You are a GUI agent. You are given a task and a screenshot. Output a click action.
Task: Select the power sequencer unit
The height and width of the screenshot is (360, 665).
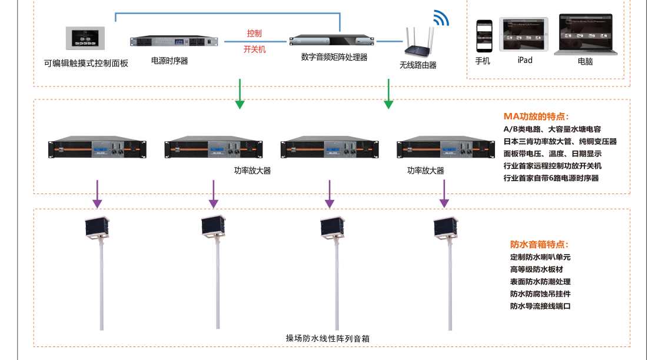click(x=174, y=41)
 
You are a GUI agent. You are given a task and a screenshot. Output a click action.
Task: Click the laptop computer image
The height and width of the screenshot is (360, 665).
click(x=586, y=35)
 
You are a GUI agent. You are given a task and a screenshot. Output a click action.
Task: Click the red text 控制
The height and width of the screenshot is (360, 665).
click(x=254, y=33)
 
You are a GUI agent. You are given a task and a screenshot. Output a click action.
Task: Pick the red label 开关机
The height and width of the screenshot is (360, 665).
click(x=254, y=49)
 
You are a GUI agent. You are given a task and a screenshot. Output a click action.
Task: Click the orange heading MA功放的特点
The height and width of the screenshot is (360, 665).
click(x=536, y=116)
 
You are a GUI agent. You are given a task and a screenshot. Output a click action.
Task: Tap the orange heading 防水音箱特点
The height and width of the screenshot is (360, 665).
click(x=539, y=245)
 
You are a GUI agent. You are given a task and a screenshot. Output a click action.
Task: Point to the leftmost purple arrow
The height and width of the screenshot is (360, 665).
click(x=98, y=194)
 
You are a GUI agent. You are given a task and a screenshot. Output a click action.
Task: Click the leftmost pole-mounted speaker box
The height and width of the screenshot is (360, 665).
click(x=98, y=228)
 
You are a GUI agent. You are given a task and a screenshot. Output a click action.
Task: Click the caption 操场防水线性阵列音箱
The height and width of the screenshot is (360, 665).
click(x=328, y=338)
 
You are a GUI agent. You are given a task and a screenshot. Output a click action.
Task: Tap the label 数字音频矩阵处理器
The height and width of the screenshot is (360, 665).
click(x=334, y=58)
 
